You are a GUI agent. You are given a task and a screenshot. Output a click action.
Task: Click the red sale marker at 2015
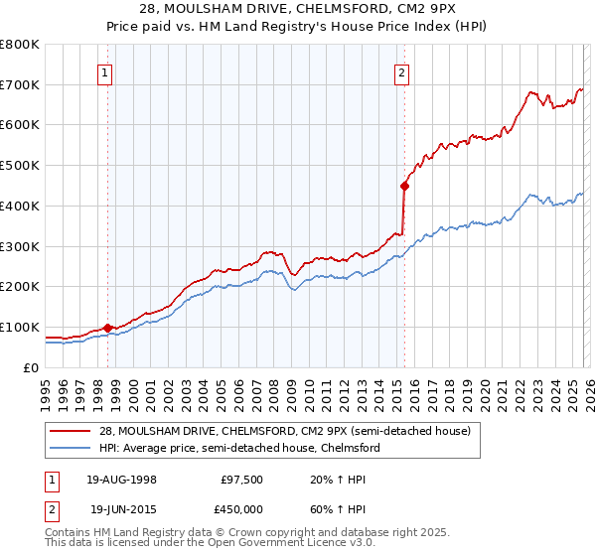[404, 185]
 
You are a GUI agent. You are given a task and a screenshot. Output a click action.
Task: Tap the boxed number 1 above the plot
[104, 71]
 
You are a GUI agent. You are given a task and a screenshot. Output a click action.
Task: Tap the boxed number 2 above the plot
[401, 71]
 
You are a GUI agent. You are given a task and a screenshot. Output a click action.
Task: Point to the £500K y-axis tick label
[20, 166]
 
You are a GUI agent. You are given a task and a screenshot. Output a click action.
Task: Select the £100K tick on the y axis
[20, 327]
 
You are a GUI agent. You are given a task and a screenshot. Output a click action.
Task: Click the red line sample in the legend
[71, 431]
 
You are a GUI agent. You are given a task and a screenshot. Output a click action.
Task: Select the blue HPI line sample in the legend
[71, 448]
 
